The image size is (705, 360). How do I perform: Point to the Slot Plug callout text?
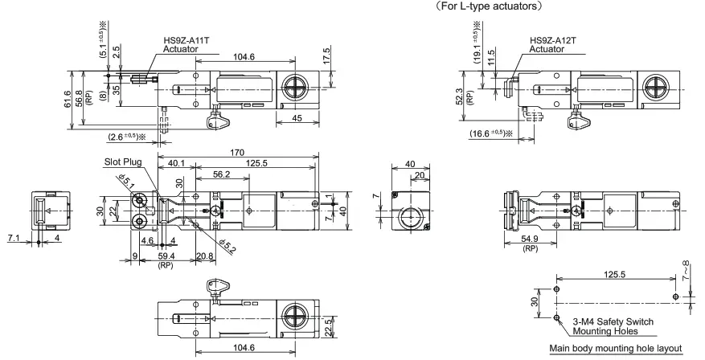tap(121, 162)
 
